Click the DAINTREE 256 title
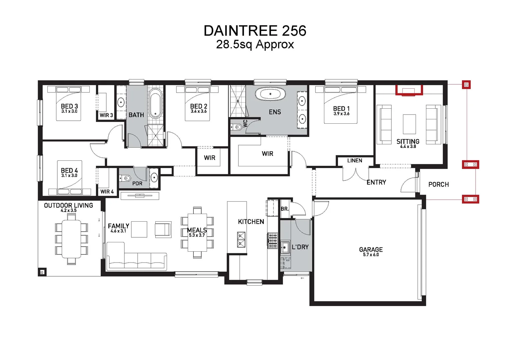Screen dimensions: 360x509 [x=255, y=31]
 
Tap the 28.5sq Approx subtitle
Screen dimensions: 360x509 [x=255, y=44]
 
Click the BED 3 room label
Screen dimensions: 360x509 [x=69, y=106]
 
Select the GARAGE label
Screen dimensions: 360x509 [x=371, y=249]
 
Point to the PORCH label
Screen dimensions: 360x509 [x=438, y=184]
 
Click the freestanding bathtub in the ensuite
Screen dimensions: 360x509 [x=270, y=94]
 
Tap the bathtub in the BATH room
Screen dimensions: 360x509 [x=155, y=103]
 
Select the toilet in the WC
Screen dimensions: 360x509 [x=236, y=127]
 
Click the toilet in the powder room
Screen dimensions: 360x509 [x=125, y=178]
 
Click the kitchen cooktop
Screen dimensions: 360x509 [x=273, y=240]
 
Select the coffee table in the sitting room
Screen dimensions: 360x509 [x=409, y=124]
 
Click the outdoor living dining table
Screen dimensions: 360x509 [x=71, y=239]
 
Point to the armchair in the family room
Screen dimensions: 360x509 [x=163, y=229]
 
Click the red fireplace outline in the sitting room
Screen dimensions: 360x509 [x=409, y=90]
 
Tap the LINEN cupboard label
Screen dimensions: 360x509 [x=354, y=161]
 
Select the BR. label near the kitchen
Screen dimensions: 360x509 [x=284, y=209]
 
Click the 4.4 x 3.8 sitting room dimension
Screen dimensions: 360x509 [x=408, y=146]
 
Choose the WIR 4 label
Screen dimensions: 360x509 [x=107, y=192]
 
